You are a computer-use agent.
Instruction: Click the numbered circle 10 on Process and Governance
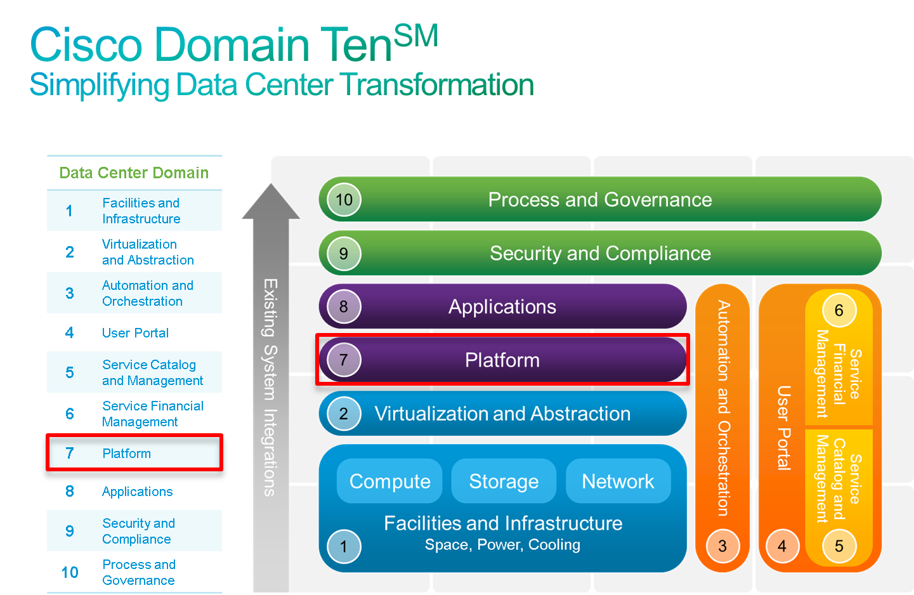[344, 200]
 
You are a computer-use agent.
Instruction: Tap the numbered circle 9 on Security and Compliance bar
[344, 254]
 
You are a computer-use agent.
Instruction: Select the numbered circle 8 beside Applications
[344, 307]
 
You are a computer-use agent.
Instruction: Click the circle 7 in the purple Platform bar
[344, 360]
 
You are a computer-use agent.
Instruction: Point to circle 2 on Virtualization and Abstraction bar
[344, 414]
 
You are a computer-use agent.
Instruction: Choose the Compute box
[389, 481]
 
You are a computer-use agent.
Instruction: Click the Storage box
[504, 481]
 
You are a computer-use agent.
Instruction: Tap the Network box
[618, 481]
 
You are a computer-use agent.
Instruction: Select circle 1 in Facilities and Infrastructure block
[344, 546]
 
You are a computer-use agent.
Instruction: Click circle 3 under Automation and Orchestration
[722, 546]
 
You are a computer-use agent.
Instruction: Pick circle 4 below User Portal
[782, 546]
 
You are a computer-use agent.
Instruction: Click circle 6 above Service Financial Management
[839, 310]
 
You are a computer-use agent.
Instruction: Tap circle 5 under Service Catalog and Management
[839, 546]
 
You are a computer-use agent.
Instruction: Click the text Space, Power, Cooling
[502, 545]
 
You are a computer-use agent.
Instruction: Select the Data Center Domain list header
[134, 173]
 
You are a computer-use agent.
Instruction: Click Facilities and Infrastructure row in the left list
[134, 211]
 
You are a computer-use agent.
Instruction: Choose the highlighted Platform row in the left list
[134, 454]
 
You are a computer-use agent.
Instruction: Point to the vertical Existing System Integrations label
[270, 387]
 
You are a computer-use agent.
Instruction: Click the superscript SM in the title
[416, 36]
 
